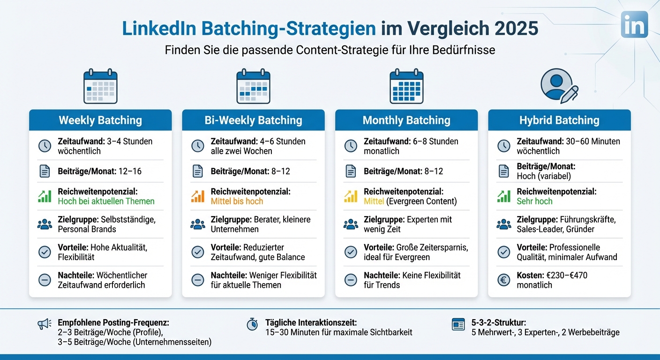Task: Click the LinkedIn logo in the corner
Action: click(x=634, y=24)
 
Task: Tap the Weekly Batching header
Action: click(x=100, y=120)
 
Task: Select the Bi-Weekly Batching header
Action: click(x=253, y=120)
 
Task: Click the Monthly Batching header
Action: click(x=406, y=120)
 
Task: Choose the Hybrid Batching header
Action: click(x=559, y=120)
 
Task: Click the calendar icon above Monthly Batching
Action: click(x=406, y=87)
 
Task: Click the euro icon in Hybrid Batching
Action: click(x=504, y=280)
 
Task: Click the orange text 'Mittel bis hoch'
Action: click(x=237, y=202)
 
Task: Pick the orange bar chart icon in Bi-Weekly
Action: click(x=198, y=196)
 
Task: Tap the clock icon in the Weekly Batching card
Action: click(x=45, y=146)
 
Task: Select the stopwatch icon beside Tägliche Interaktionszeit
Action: click(x=252, y=324)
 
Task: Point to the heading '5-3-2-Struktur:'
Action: click(x=499, y=323)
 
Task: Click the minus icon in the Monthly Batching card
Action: click(x=351, y=280)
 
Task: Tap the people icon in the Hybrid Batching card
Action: click(x=504, y=224)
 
